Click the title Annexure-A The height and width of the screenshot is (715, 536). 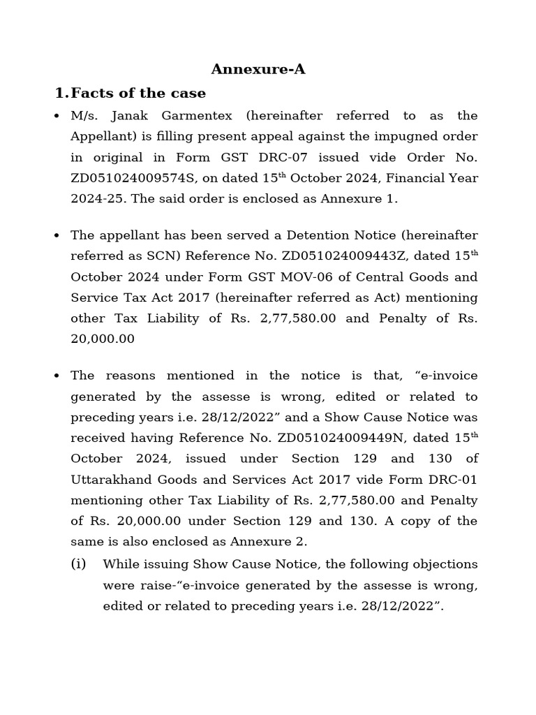(258, 69)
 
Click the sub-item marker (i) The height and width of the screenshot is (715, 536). (79, 564)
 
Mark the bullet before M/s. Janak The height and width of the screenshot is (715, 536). (57, 116)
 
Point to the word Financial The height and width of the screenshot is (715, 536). (404, 178)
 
